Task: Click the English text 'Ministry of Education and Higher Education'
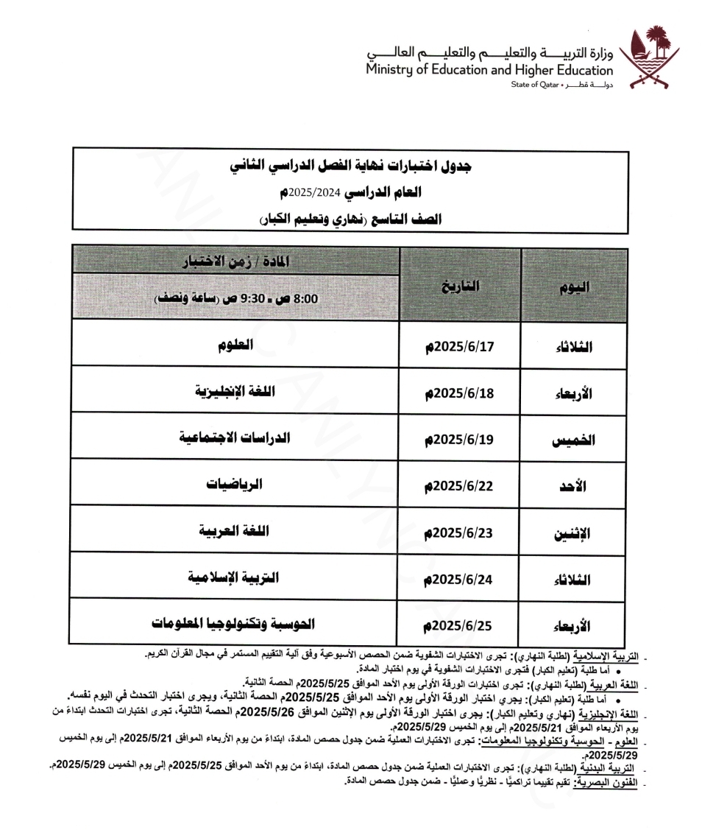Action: (489, 71)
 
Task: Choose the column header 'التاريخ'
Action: (461, 287)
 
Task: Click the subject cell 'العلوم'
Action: (236, 343)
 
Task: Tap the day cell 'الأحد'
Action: (574, 487)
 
